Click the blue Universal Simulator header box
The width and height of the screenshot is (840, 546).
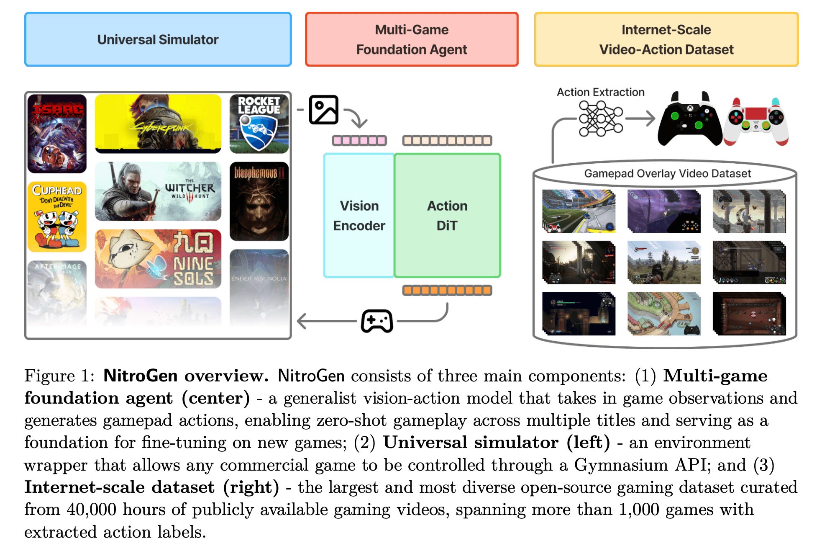158,39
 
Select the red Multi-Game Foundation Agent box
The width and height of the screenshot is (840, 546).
412,39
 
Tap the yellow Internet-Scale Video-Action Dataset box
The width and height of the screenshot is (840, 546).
666,39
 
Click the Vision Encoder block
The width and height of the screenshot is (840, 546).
359,216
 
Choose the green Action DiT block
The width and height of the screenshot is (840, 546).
447,216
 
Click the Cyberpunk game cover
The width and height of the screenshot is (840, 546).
158,123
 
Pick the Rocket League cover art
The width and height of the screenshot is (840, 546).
259,124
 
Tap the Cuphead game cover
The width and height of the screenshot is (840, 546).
57,216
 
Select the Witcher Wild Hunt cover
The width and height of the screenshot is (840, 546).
158,191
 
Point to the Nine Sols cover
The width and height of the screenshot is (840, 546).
158,259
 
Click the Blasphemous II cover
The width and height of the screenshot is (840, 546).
259,201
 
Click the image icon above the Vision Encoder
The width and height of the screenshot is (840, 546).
323,110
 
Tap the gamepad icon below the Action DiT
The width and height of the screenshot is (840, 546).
377,321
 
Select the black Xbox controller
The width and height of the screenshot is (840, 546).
689,120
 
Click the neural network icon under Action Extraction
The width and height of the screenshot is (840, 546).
600,118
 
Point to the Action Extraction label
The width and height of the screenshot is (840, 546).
600,92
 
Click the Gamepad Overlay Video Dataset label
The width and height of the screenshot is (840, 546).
667,173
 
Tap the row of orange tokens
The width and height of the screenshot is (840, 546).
447,290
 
